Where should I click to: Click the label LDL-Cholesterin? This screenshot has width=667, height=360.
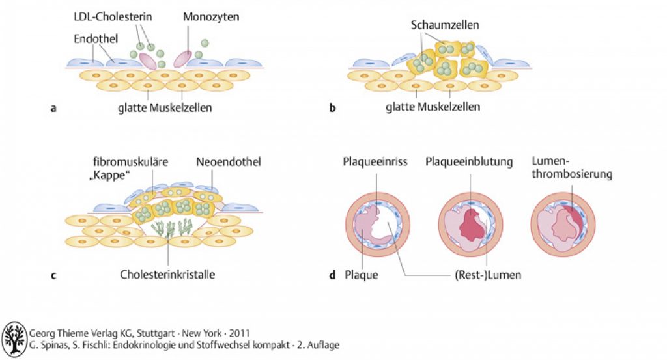(x=113, y=16)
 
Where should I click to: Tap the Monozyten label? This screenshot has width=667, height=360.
(x=211, y=16)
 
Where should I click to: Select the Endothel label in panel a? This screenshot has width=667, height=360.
(x=96, y=38)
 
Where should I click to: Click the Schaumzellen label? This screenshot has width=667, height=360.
(x=445, y=25)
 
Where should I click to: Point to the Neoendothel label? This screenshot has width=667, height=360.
(x=229, y=162)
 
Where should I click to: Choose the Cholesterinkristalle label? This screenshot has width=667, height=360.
(x=167, y=274)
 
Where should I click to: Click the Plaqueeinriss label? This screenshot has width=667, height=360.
(x=375, y=161)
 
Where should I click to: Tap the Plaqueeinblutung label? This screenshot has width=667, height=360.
(x=469, y=161)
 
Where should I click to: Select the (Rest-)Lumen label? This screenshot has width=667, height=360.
(x=488, y=275)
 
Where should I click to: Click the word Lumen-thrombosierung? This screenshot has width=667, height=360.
(x=572, y=167)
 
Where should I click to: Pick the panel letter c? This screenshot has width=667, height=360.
(x=53, y=275)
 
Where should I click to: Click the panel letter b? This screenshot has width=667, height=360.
(x=332, y=107)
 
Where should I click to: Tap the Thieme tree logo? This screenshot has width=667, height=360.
(x=14, y=339)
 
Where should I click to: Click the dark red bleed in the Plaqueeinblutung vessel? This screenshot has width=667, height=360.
(x=472, y=223)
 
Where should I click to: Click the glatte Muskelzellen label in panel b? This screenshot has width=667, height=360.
(x=433, y=107)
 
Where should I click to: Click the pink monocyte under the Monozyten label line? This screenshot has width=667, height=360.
(x=182, y=59)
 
